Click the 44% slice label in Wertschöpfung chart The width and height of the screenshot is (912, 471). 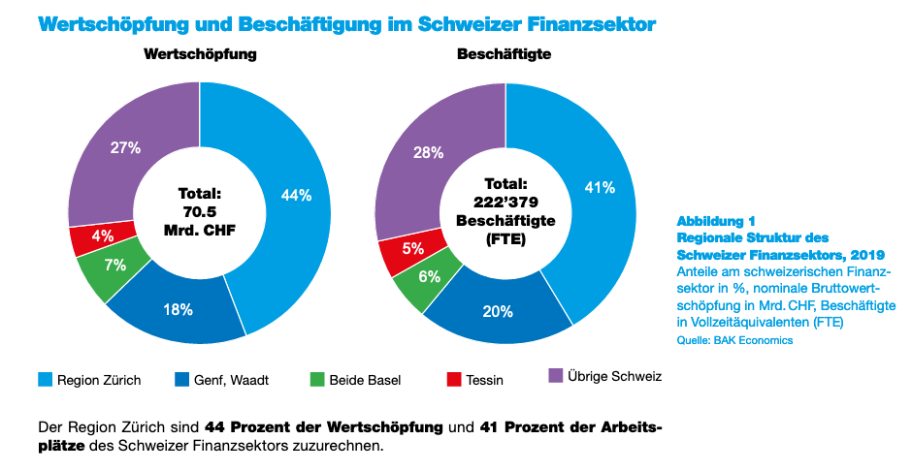pos(296,195)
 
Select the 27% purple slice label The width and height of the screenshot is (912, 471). pos(126,148)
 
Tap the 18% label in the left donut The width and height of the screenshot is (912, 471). pos(178,310)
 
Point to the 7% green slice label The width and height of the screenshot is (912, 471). pos(115,266)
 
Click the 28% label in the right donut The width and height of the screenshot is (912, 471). pos(428,152)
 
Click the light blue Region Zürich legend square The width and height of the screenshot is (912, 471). pos(45,379)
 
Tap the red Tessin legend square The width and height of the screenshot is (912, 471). pos(451,379)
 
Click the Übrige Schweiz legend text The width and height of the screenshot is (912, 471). pos(614,375)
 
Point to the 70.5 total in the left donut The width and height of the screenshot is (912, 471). pos(200,211)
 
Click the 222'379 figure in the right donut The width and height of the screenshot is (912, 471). pos(505,202)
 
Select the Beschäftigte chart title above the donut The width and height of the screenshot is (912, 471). pos(504,55)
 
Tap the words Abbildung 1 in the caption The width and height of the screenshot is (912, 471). pos(716,221)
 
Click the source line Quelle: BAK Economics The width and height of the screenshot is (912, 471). pos(734,340)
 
